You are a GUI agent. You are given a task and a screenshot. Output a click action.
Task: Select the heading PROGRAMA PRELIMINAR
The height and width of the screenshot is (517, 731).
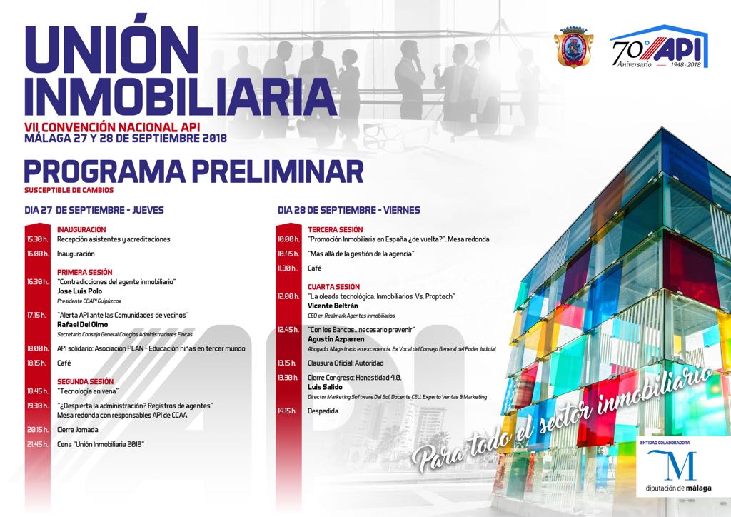click(x=193, y=171)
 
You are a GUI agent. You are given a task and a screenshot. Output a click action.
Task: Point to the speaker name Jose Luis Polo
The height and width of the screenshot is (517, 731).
click(x=80, y=291)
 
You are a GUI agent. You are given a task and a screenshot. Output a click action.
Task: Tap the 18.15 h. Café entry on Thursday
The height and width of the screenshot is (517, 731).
click(x=65, y=363)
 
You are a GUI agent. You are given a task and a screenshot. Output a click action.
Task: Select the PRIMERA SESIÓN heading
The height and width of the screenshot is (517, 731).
click(x=85, y=272)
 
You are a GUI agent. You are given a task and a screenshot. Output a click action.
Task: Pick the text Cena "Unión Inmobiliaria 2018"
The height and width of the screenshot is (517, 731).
click(x=101, y=444)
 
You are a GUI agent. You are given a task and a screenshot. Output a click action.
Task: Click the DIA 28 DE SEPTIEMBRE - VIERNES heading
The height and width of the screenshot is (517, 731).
click(x=348, y=210)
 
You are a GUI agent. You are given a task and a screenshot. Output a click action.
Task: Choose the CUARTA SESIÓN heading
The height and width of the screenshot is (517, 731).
click(x=333, y=286)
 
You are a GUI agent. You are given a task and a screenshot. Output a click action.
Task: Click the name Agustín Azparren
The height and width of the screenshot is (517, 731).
click(x=337, y=338)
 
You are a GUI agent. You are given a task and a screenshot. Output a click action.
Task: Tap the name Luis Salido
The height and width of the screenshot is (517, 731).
click(x=326, y=386)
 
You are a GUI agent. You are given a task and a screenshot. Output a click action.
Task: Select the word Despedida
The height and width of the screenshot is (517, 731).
click(x=323, y=411)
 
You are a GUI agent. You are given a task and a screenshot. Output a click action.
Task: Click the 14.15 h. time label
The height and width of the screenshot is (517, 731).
click(x=288, y=411)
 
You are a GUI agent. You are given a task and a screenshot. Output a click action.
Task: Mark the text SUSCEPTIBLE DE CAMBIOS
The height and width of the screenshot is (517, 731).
click(x=69, y=190)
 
